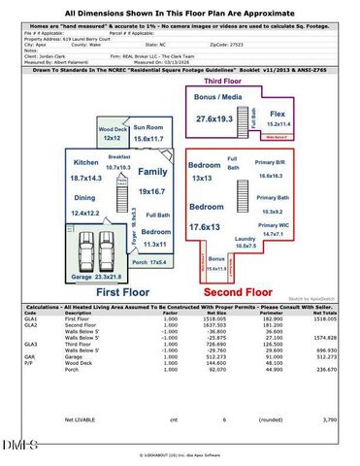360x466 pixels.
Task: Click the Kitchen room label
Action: click(86, 162)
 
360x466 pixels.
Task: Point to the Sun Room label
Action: click(148, 127)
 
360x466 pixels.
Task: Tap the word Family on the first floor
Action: click(151, 171)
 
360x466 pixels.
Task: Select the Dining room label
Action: click(85, 197)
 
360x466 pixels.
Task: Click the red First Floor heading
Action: click(121, 291)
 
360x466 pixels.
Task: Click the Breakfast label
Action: click(119, 156)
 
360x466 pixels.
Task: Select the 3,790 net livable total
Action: click(328, 419)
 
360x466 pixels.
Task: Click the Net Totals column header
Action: click(324, 313)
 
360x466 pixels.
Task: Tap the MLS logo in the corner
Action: click(17, 446)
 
